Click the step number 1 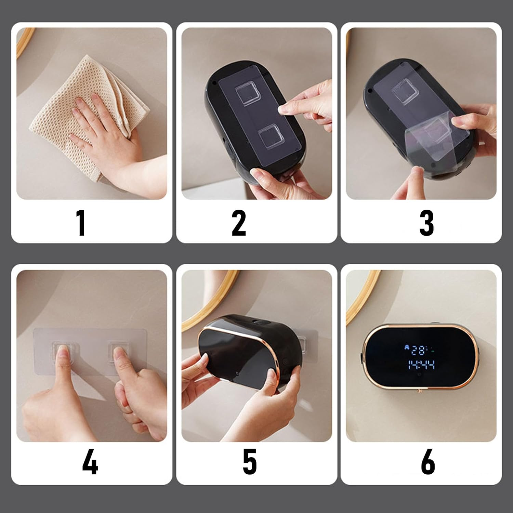[81, 223]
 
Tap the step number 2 [239, 223]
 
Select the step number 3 [426, 223]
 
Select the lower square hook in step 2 [273, 136]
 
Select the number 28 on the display [418, 351]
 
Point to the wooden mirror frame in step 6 [359, 301]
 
